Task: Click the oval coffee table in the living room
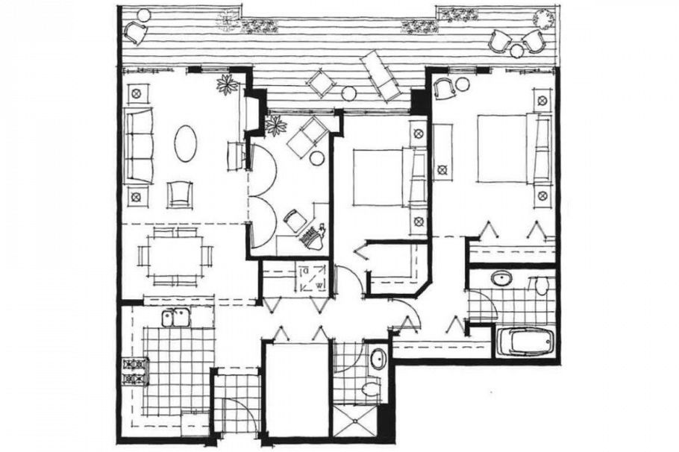[x=186, y=142]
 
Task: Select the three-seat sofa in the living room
[x=138, y=145]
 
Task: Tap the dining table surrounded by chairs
[x=175, y=255]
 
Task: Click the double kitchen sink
[x=176, y=318]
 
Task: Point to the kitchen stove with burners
[x=135, y=371]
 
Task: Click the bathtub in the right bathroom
[x=526, y=341]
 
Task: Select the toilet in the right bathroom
[x=541, y=284]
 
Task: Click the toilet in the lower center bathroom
[x=369, y=389]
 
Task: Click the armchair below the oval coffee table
[x=179, y=195]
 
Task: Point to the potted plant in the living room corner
[x=228, y=84]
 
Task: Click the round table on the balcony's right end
[x=517, y=51]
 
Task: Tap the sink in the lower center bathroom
[x=378, y=358]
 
